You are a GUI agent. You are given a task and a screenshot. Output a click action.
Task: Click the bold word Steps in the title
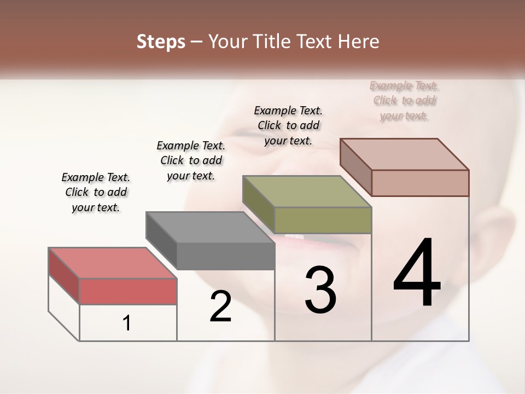click(x=161, y=42)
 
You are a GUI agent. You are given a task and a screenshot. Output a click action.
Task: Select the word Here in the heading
click(x=359, y=42)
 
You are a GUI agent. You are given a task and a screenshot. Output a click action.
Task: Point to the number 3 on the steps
click(x=320, y=290)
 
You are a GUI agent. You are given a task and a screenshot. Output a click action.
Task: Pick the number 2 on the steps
click(x=220, y=306)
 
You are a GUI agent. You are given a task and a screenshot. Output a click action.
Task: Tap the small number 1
click(x=127, y=323)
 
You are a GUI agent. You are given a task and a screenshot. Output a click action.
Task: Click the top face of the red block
click(x=112, y=263)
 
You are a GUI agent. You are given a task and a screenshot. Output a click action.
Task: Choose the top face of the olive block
click(x=307, y=192)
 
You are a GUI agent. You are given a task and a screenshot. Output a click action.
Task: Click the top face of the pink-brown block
click(x=404, y=154)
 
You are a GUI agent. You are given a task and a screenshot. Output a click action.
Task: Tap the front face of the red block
click(x=128, y=291)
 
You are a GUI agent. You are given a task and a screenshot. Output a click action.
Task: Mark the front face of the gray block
click(x=225, y=256)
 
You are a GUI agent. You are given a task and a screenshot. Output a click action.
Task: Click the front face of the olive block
click(x=323, y=220)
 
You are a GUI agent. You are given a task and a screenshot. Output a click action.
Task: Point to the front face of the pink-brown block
click(x=420, y=183)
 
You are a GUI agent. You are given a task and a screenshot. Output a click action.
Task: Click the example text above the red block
click(x=96, y=192)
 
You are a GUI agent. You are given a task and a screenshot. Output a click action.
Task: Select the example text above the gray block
click(x=191, y=160)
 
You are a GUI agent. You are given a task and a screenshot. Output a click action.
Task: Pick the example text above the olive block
click(x=288, y=125)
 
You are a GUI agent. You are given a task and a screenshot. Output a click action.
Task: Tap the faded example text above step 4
click(x=404, y=100)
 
